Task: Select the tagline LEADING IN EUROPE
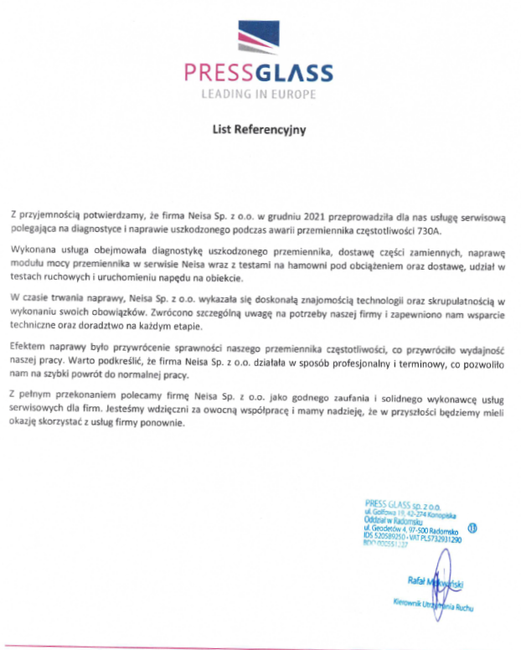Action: (259, 94)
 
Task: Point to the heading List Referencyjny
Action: (259, 130)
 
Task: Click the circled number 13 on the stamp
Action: (473, 529)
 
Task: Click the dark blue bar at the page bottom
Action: (260, 646)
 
